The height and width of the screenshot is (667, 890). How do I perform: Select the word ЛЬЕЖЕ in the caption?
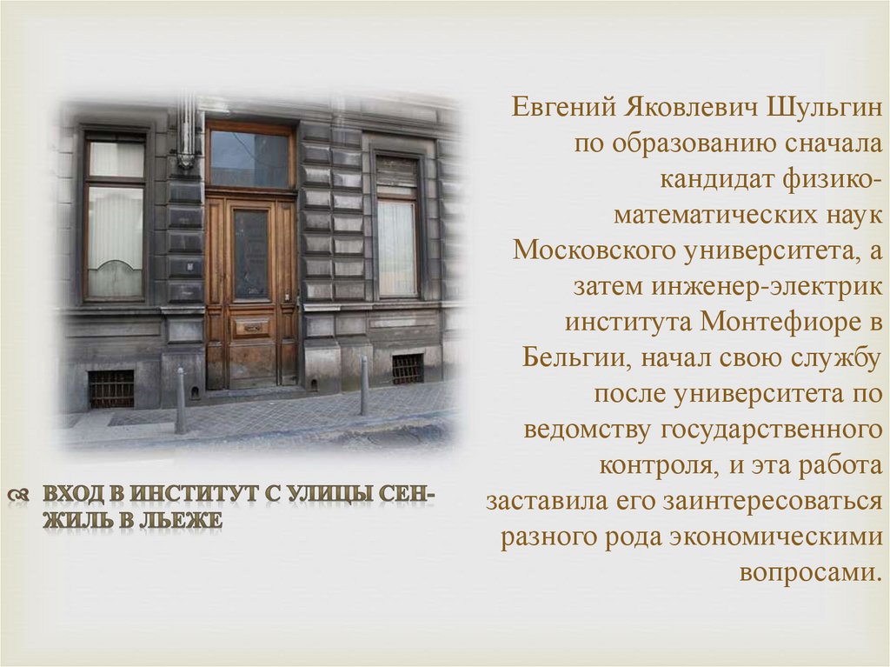pos(188,522)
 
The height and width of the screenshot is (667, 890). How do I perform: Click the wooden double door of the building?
pos(251,291)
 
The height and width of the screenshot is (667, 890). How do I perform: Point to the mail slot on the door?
pos(253,328)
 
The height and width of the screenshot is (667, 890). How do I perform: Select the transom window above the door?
pos(250,157)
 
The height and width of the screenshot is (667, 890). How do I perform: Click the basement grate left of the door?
pos(111,389)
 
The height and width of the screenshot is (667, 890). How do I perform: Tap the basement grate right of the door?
pos(407,369)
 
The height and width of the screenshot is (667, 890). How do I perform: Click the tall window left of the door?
pos(115,217)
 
